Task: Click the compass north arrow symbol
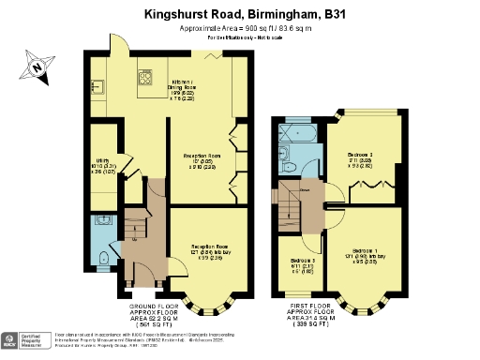point(37,67)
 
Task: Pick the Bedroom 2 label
point(360,157)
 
